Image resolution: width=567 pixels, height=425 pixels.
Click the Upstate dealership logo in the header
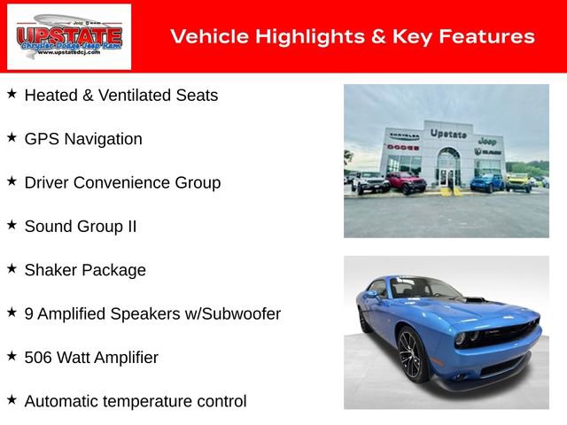pos(69,36)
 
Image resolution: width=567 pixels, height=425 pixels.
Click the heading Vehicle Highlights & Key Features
pos(352,36)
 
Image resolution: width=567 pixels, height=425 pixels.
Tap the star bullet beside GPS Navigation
pos(12,138)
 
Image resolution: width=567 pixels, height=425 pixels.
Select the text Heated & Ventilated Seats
pos(120,95)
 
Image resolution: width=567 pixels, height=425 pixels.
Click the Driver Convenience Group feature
pos(122,182)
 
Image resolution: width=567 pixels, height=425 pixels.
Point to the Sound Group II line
pos(81,226)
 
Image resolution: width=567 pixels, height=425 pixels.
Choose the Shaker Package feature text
pos(85,270)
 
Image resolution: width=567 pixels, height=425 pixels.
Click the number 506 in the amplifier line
pos(39,358)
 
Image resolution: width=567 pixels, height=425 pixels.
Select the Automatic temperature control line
pos(136,401)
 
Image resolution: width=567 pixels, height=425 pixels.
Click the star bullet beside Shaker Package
pos(12,269)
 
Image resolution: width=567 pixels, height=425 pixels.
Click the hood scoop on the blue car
pos(476,301)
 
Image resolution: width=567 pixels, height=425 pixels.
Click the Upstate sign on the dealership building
pos(448,134)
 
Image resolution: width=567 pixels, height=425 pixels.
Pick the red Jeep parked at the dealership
pos(406,183)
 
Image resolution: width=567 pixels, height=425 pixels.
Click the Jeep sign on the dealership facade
pos(486,141)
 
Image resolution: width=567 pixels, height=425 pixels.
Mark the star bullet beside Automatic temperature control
pos(12,400)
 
